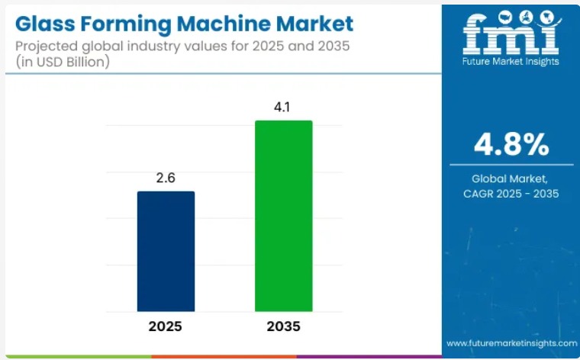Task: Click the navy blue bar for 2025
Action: pos(166,251)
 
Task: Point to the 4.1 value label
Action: pos(283,108)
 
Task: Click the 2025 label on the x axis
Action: pos(166,328)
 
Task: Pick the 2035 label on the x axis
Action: pos(283,328)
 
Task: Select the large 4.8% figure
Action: pos(511,143)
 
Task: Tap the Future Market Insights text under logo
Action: pos(511,61)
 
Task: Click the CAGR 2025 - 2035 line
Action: pos(511,194)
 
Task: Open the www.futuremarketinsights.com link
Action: pos(511,344)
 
